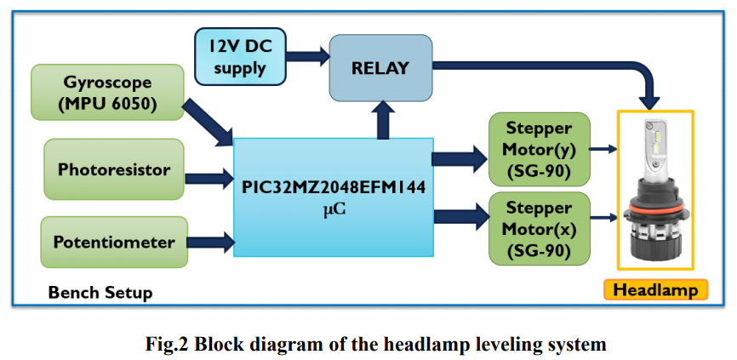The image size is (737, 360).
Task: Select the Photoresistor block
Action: point(113,169)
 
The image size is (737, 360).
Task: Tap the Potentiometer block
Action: point(113,242)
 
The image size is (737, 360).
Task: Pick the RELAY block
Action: point(379,67)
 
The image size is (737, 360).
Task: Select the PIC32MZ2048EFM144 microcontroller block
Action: point(333,196)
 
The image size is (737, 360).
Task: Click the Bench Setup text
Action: point(100,293)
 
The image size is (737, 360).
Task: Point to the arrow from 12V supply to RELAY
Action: point(309,58)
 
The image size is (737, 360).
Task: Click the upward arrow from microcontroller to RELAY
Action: point(384,119)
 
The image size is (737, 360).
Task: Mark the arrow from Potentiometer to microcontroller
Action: point(209,243)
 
